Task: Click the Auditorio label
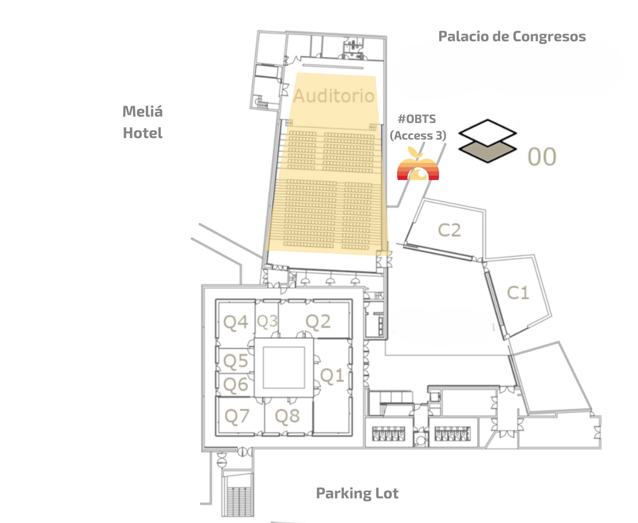(x=333, y=96)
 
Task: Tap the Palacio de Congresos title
(x=512, y=36)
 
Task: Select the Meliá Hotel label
(x=143, y=122)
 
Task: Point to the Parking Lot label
(x=357, y=493)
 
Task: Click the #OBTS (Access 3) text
(x=418, y=127)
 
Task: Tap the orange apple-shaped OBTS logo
(x=418, y=166)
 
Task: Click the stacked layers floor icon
(x=488, y=141)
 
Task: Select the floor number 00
(x=542, y=157)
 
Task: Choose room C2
(x=449, y=230)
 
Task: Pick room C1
(x=518, y=293)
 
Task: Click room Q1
(x=332, y=375)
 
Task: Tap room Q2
(x=318, y=322)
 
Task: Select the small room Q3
(x=267, y=321)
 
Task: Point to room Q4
(x=236, y=322)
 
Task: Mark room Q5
(x=236, y=361)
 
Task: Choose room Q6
(x=236, y=385)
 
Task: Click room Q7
(x=237, y=416)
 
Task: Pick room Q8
(x=287, y=416)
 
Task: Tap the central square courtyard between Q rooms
(x=284, y=368)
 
